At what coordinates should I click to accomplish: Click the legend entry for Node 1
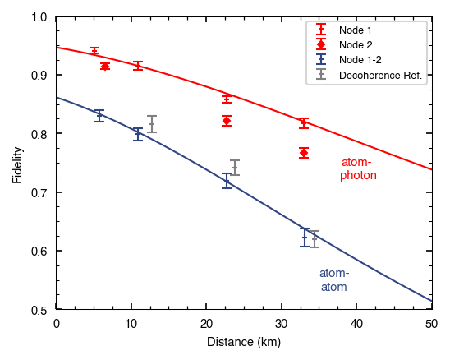tap(355, 30)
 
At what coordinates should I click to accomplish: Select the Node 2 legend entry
tap(355, 44)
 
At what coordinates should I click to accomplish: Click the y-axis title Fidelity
tap(17, 164)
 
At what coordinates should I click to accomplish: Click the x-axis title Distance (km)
tap(244, 341)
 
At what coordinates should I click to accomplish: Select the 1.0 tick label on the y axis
tap(38, 16)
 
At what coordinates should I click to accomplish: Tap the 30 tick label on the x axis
tap(282, 324)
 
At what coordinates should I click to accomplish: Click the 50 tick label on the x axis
tap(432, 324)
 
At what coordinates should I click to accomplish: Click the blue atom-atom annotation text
tap(333, 280)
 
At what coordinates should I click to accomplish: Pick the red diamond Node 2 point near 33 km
tap(304, 153)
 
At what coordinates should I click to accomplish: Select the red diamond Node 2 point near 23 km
tap(227, 121)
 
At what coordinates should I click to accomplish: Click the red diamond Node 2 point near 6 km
tap(105, 66)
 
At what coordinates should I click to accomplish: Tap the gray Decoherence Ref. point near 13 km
tap(152, 124)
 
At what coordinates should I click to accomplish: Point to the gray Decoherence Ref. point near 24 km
tap(235, 168)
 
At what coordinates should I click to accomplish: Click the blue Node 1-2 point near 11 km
tap(138, 134)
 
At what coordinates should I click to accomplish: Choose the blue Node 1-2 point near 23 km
tap(227, 181)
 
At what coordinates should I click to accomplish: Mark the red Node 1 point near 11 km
tap(138, 66)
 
